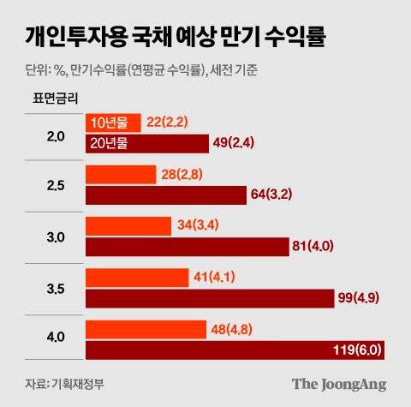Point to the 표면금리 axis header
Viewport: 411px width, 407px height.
coord(54,97)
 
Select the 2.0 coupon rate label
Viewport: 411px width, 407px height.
coord(56,134)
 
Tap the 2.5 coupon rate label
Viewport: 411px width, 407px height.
coord(56,185)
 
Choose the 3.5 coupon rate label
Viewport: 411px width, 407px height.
coord(56,289)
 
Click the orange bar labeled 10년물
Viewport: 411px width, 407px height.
coord(114,123)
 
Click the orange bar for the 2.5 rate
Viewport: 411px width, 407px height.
coord(121,175)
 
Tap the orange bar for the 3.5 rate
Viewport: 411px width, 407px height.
coord(137,278)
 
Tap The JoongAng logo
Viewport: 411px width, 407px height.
coord(339,383)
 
